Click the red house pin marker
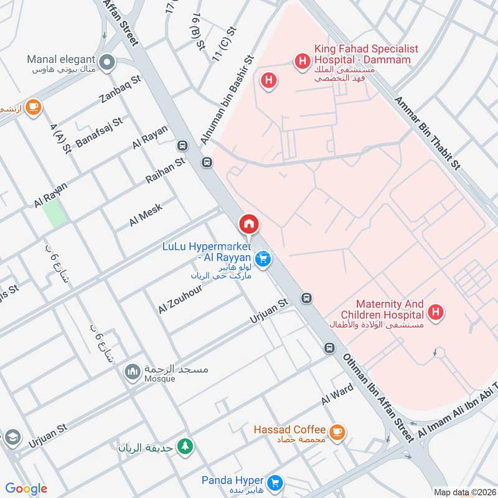[x=248, y=224]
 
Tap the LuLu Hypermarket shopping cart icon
[x=263, y=258]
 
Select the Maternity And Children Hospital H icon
[x=436, y=312]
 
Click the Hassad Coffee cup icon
[x=337, y=431]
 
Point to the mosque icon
[x=131, y=372]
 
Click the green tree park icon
[x=185, y=446]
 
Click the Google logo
[x=26, y=489]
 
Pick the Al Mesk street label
[x=146, y=214]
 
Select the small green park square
[x=54, y=214]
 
